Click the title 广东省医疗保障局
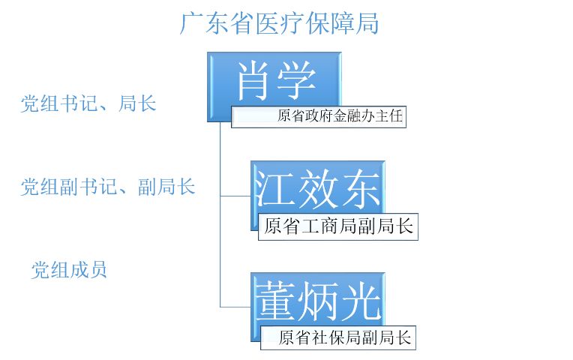279,23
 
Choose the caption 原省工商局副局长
338,226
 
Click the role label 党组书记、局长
88,103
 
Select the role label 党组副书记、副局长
108,187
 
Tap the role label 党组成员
69,269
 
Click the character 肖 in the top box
253,81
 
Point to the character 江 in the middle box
275,187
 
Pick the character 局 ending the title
367,23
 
